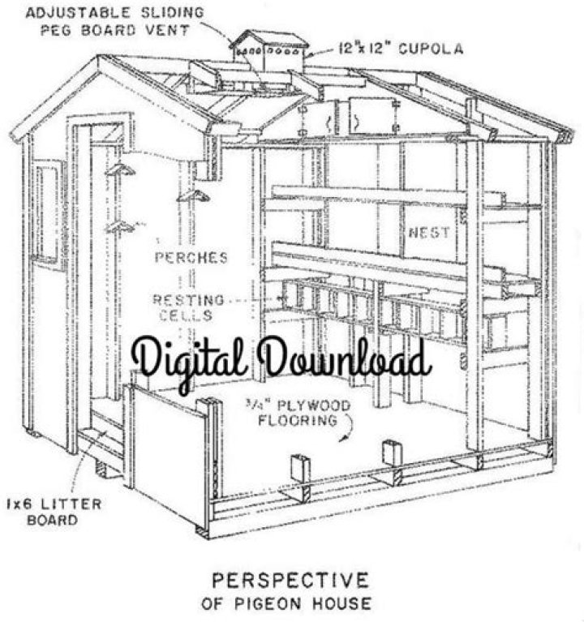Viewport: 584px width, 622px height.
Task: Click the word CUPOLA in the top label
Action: (x=431, y=49)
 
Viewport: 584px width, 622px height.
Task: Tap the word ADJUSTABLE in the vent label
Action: (x=78, y=12)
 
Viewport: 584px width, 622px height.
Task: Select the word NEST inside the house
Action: (x=429, y=233)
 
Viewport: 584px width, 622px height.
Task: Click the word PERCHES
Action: (x=191, y=258)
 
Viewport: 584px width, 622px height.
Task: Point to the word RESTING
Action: (x=188, y=300)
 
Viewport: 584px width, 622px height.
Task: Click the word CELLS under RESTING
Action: (x=186, y=315)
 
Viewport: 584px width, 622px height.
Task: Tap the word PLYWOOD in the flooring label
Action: (x=314, y=405)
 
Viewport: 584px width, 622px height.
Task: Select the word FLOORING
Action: (x=298, y=421)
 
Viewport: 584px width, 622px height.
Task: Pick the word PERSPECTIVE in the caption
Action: (x=290, y=581)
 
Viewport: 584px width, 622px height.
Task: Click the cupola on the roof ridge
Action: (x=269, y=52)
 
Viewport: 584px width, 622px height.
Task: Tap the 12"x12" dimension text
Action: (x=365, y=49)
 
